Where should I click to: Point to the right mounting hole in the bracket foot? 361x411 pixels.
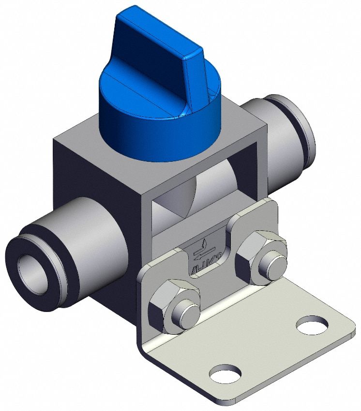click(312, 325)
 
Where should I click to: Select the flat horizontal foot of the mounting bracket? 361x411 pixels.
click(271, 348)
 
